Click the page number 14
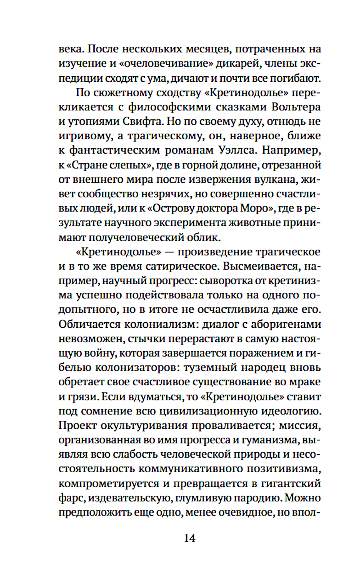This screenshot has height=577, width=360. click(190, 538)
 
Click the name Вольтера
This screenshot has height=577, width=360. click(296, 107)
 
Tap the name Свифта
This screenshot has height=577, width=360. click(142, 122)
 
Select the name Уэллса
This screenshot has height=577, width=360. click(238, 150)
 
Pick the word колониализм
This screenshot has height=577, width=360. click(161, 324)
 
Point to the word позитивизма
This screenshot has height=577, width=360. click(284, 469)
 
